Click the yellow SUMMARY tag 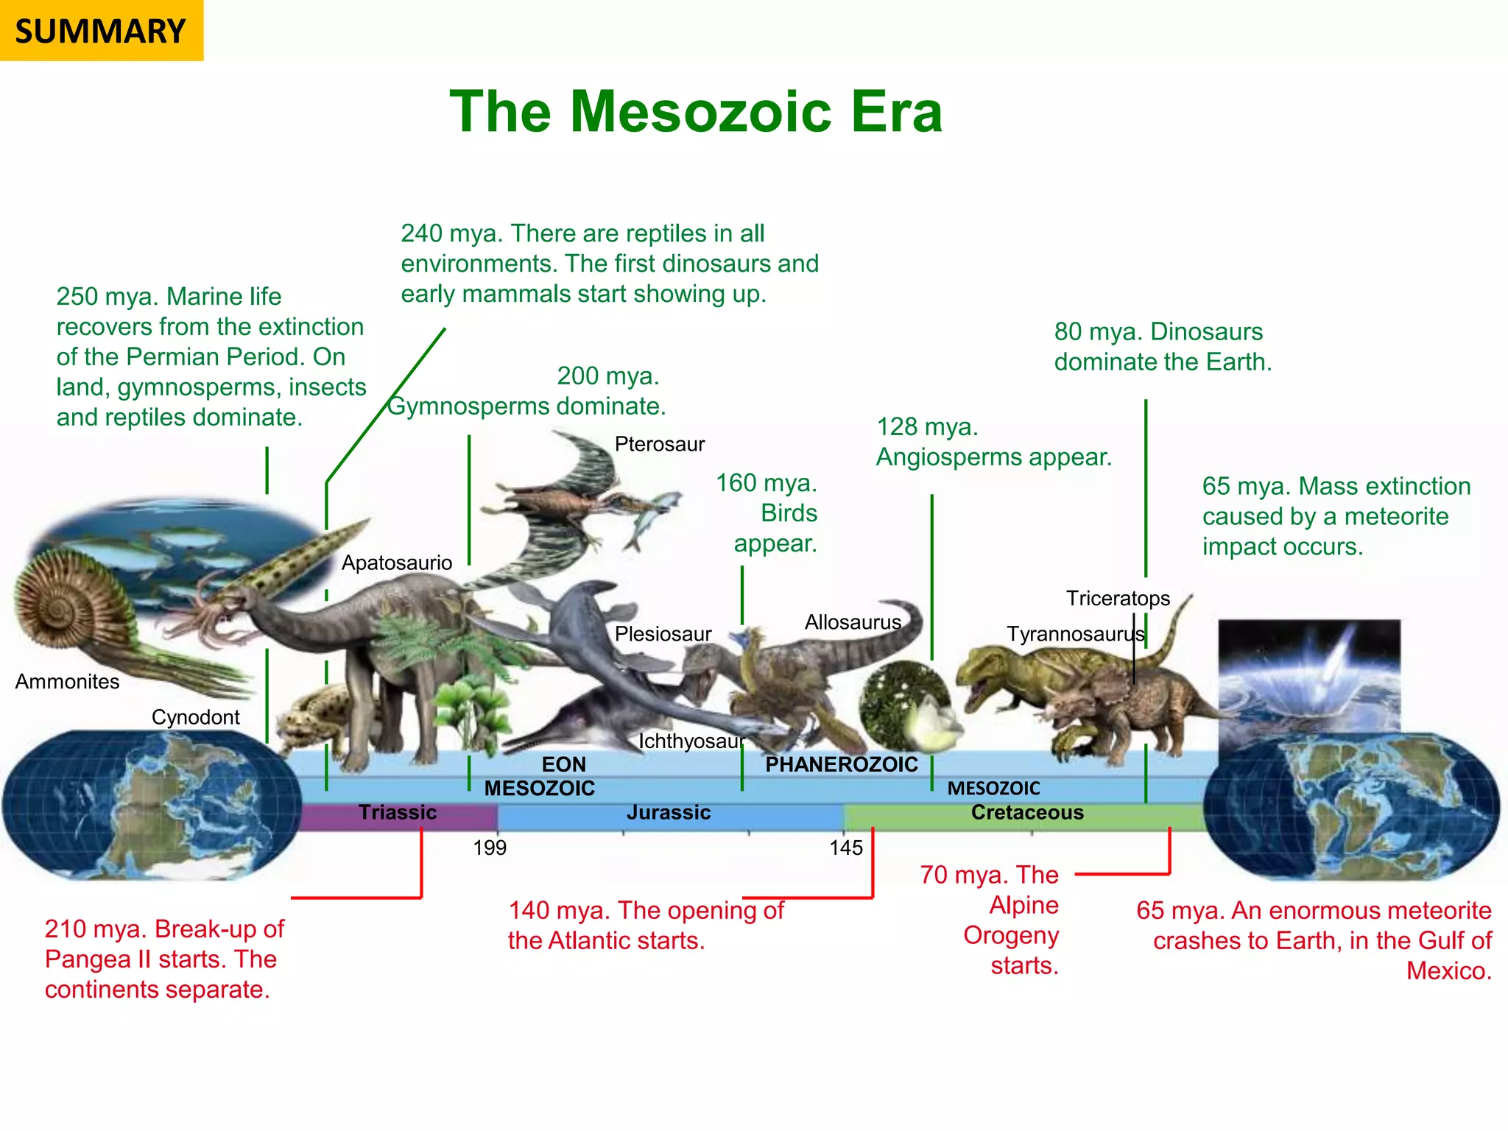pos(101,31)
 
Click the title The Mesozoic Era pos(696,112)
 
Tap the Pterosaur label pos(659,444)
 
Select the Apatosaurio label pos(396,563)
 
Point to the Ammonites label pos(67,681)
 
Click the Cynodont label pos(195,716)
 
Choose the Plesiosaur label pos(663,634)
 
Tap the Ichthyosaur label pos(691,741)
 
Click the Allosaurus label pos(853,622)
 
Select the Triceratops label pos(1118,598)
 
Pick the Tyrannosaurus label pos(1075,634)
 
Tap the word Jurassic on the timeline pos(669,812)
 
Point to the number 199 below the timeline pos(490,848)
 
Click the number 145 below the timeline pos(845,848)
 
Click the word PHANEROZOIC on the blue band pos(842,764)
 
